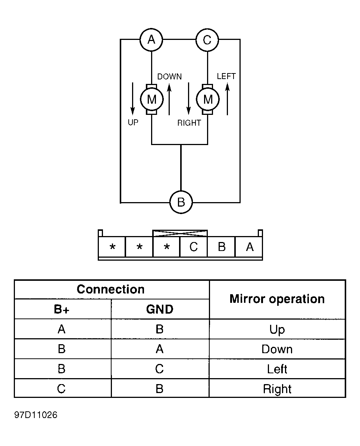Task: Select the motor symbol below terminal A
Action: click(152, 99)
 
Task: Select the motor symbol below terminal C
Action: click(208, 99)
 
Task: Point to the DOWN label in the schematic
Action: click(169, 76)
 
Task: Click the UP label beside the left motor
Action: click(133, 123)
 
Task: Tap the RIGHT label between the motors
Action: click(189, 123)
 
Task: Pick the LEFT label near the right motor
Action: click(226, 76)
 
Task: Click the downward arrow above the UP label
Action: click(132, 99)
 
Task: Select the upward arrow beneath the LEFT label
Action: click(227, 99)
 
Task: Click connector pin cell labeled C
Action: click(194, 246)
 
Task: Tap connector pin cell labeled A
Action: click(249, 246)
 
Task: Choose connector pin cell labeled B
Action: click(221, 246)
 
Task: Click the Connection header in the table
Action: click(111, 289)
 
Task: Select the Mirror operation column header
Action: click(277, 299)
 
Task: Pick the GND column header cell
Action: click(160, 309)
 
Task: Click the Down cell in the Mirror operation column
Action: click(277, 349)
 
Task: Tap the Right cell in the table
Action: click(277, 389)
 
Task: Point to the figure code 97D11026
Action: click(36, 415)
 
